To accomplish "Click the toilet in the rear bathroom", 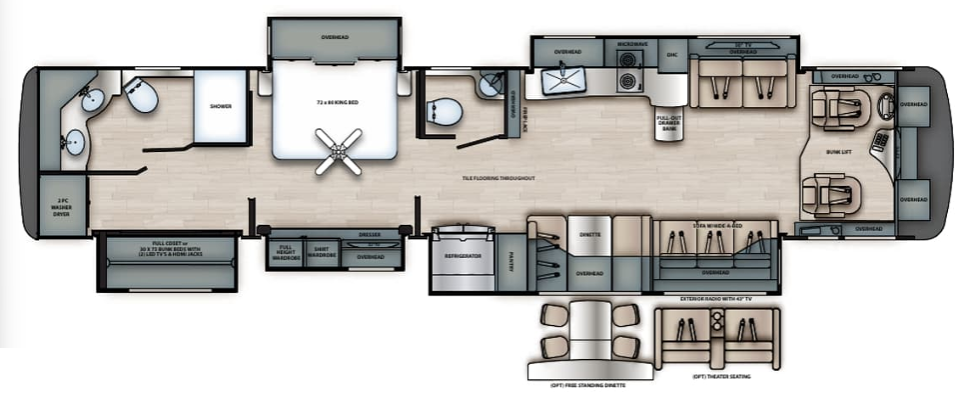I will click(x=142, y=96).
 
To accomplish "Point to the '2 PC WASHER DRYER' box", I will click(x=62, y=210).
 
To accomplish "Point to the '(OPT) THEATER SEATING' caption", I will click(x=715, y=377).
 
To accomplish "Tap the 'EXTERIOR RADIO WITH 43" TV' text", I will click(x=715, y=297).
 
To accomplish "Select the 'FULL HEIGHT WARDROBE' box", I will click(x=286, y=252).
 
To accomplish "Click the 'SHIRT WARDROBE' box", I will click(x=321, y=252).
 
